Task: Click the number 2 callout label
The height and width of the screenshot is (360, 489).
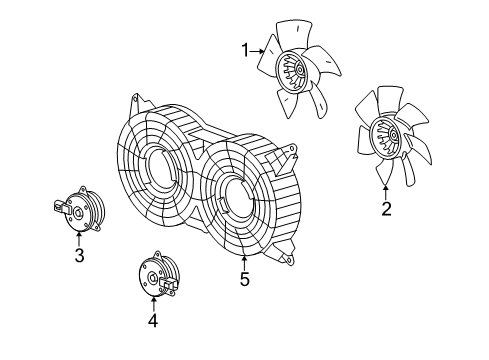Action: click(x=386, y=209)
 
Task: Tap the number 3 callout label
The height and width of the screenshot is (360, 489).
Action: click(x=79, y=255)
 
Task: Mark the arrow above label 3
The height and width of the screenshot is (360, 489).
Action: click(x=79, y=236)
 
